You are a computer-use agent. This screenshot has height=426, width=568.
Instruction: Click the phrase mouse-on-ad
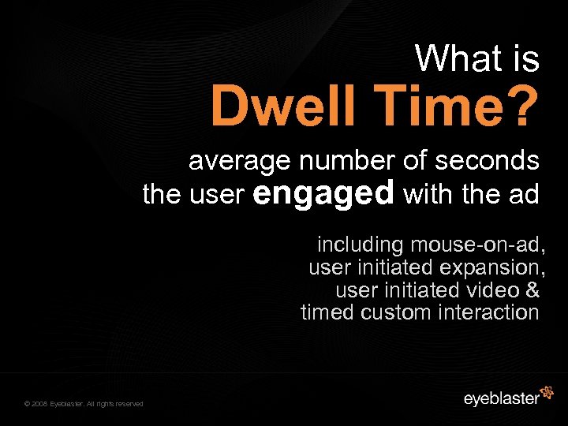pyautogui.click(x=476, y=244)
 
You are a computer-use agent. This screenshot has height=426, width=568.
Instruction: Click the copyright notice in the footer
pyautogui.click(x=84, y=404)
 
